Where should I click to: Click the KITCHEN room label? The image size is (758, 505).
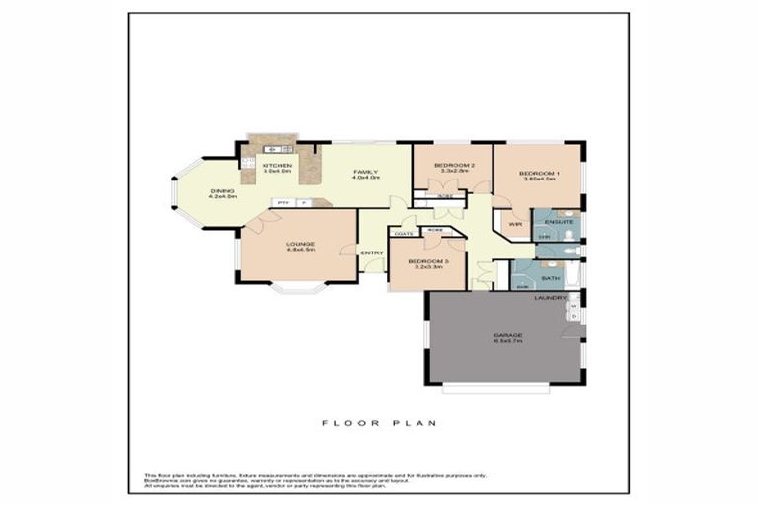point(277,165)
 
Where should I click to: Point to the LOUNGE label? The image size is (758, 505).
point(300,244)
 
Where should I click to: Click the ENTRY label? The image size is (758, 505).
point(372,253)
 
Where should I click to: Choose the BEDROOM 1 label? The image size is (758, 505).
point(540,174)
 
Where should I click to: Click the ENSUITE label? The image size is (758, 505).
point(560,223)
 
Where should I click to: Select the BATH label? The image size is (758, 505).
point(550,278)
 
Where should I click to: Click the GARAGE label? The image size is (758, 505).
point(508,335)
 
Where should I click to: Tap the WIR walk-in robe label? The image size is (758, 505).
point(514,224)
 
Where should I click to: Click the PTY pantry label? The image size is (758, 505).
point(283,203)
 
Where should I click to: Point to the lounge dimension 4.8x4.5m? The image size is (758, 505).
point(300,251)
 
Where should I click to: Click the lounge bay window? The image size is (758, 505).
point(297,289)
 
